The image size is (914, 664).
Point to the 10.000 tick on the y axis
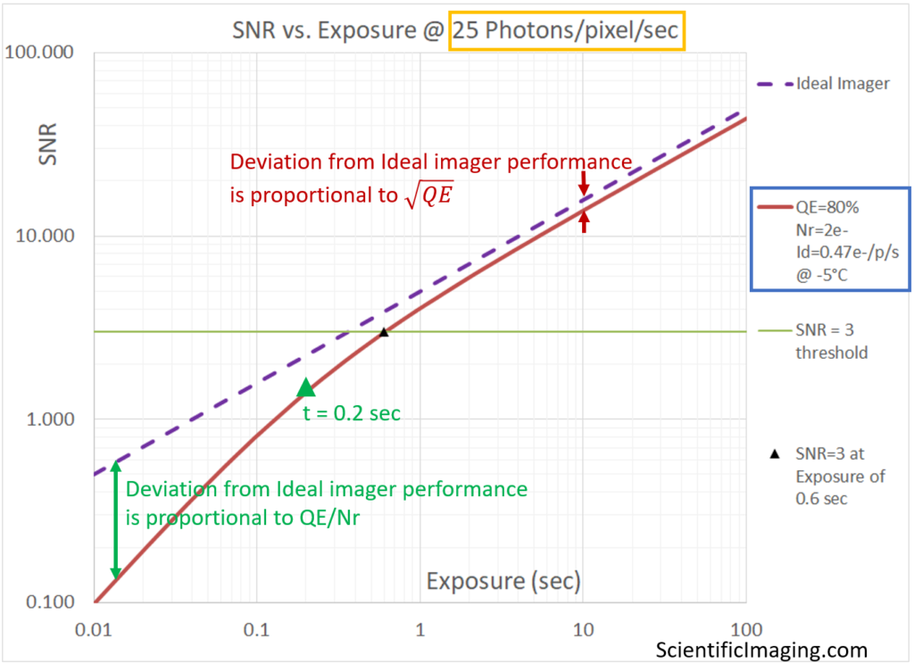click(44, 237)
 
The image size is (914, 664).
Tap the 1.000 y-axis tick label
click(47, 419)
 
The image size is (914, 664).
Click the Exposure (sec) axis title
click(503, 582)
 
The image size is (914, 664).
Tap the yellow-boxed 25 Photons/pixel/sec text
click(568, 34)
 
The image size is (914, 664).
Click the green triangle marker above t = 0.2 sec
click(306, 386)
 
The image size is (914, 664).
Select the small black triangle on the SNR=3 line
click(384, 332)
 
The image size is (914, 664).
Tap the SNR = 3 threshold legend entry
click(830, 341)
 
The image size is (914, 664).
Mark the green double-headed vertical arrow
click(115, 520)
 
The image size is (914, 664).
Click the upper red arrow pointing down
click(584, 183)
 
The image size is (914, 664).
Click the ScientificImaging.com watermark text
click(761, 650)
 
